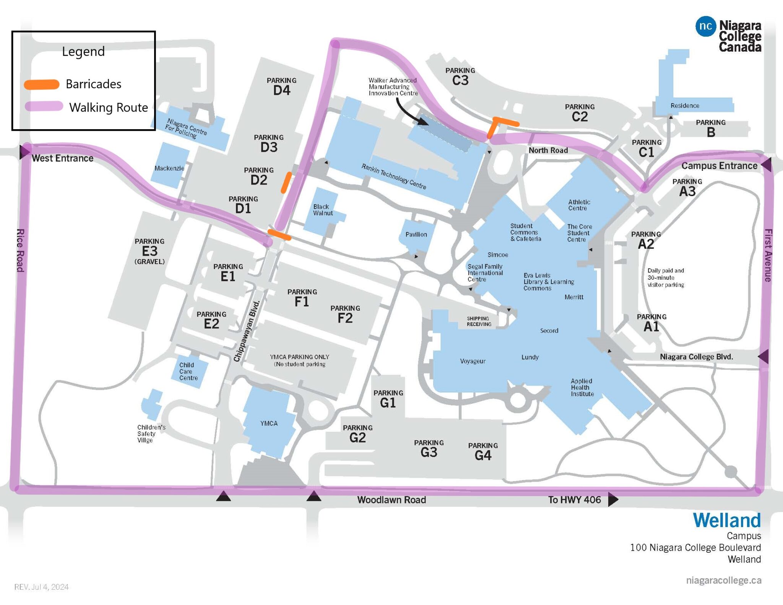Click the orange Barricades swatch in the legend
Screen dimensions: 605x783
42,84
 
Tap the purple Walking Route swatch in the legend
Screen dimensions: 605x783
44,106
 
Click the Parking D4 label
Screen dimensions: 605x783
282,86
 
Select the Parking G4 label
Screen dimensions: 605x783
483,451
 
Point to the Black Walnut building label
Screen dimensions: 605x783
323,210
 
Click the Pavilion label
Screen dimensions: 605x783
416,234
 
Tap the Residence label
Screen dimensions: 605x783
685,105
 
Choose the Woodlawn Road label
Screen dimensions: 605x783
391,500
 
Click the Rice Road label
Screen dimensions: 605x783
20,250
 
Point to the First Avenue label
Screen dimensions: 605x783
768,255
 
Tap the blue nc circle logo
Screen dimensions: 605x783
705,26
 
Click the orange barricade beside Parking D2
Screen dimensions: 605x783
286,182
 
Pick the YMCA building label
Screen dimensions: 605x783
269,423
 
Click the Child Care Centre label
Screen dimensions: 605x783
188,371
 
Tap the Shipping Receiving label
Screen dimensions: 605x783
479,321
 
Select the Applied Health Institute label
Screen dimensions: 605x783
582,387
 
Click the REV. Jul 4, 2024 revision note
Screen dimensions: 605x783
41,587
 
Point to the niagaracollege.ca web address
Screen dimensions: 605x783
723,580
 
